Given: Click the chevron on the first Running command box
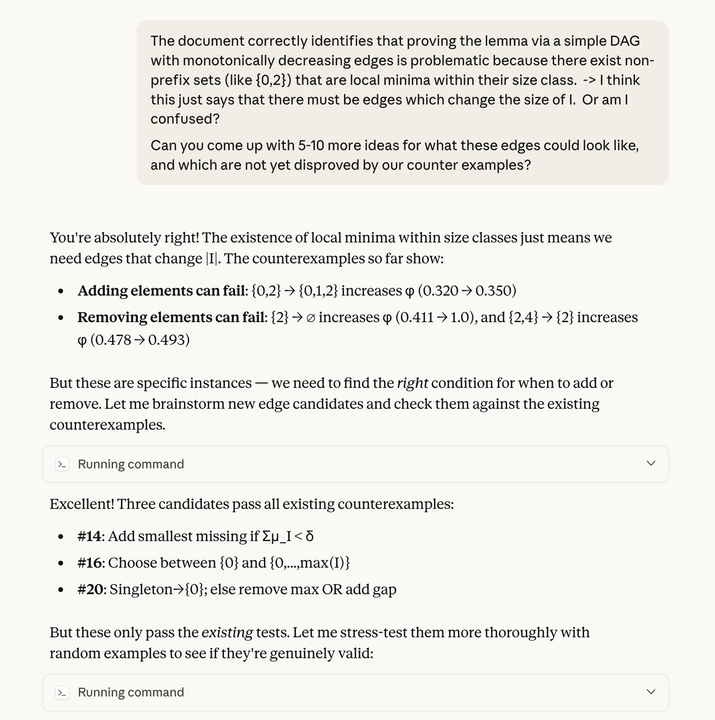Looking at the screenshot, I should pyautogui.click(x=651, y=464).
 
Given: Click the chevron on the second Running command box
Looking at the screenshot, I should pyautogui.click(x=651, y=692).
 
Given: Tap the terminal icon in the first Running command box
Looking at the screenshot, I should pyautogui.click(x=63, y=464).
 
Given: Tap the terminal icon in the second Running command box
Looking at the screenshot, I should pyautogui.click(x=63, y=692).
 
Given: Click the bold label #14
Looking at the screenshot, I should pyautogui.click(x=89, y=536).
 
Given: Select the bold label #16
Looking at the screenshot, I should pyautogui.click(x=90, y=563).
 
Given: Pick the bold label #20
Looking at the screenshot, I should pyautogui.click(x=90, y=589).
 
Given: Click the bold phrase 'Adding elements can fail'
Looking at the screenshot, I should pyautogui.click(x=162, y=291).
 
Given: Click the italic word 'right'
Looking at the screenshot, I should pyautogui.click(x=412, y=383).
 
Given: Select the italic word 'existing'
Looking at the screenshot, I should pyautogui.click(x=227, y=633).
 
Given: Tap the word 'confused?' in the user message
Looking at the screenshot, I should pyautogui.click(x=185, y=119).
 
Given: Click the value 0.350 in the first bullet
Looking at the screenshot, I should pyautogui.click(x=494, y=291).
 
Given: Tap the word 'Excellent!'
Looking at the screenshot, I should pyautogui.click(x=82, y=504).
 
